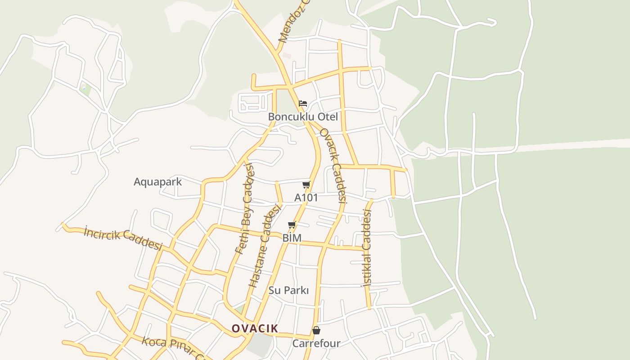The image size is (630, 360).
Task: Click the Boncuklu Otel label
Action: (x=302, y=117)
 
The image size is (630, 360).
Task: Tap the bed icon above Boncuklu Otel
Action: (x=303, y=103)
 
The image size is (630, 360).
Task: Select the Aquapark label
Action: (x=157, y=182)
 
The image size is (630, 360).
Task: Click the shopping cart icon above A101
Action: (x=306, y=184)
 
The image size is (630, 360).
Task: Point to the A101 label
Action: (x=306, y=198)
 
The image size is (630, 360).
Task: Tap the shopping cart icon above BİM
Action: (x=292, y=225)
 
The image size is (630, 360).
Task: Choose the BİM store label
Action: (x=292, y=238)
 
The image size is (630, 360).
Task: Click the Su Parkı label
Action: (x=288, y=290)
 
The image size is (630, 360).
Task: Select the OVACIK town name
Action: (x=255, y=328)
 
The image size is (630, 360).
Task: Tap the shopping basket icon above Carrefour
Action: (x=316, y=331)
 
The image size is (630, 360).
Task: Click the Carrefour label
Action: (x=316, y=343)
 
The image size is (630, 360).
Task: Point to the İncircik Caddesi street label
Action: (x=122, y=238)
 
